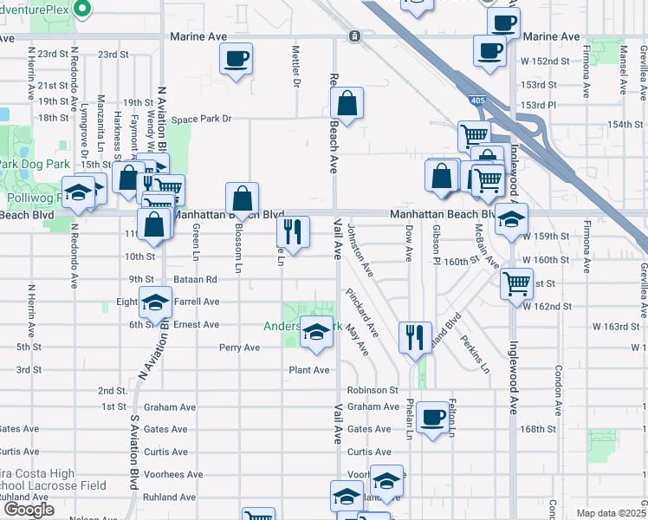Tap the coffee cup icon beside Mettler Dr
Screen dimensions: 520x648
pyautogui.click(x=236, y=59)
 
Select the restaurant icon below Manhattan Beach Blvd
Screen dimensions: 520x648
pyautogui.click(x=293, y=231)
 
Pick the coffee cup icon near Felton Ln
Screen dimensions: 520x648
pyautogui.click(x=431, y=418)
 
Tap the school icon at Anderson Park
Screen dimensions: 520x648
pyautogui.click(x=315, y=333)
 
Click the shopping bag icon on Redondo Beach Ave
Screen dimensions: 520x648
pyautogui.click(x=346, y=104)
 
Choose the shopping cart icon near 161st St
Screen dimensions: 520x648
pyautogui.click(x=516, y=283)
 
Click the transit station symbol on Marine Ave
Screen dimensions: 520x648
pyautogui.click(x=354, y=36)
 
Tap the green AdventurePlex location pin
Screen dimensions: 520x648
pyautogui.click(x=82, y=10)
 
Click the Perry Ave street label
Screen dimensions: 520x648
pyautogui.click(x=239, y=348)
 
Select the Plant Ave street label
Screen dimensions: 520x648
pyautogui.click(x=309, y=370)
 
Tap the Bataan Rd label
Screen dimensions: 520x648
pyautogui.click(x=198, y=280)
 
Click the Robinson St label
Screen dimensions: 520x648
pyautogui.click(x=373, y=391)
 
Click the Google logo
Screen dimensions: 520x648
pyautogui.click(x=29, y=510)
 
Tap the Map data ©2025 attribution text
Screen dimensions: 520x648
pyautogui.click(x=610, y=513)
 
